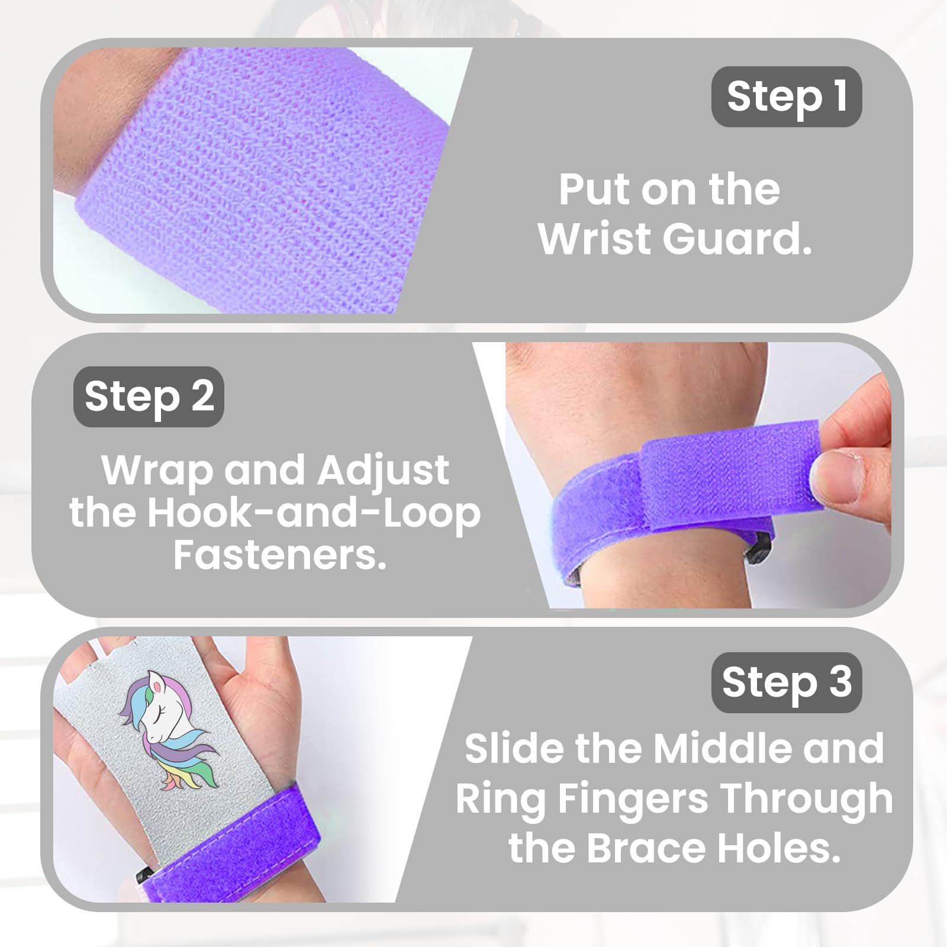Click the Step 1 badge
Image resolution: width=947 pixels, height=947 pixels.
pyautogui.click(x=786, y=96)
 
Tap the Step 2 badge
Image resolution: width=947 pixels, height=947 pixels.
pyautogui.click(x=149, y=397)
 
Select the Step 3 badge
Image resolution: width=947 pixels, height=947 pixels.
pyautogui.click(x=786, y=682)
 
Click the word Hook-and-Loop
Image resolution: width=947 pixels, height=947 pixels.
pyautogui.click(x=314, y=513)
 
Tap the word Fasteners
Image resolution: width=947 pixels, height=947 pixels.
pyautogui.click(x=279, y=555)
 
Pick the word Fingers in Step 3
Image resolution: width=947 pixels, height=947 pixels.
pyautogui.click(x=633, y=800)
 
